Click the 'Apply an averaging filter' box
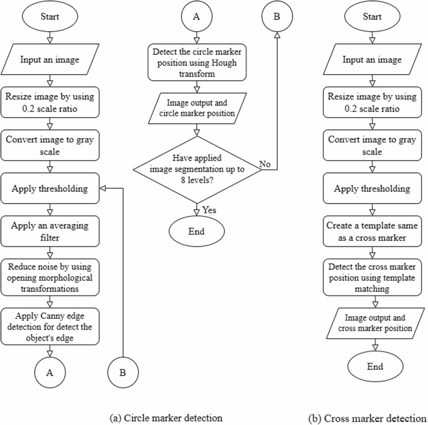pos(50,231)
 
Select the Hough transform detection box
pos(197,62)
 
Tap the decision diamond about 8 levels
pos(197,170)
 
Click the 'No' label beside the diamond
pos(265,164)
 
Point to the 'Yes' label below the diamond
pos(209,210)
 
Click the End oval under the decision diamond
pos(197,231)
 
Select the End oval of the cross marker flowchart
pos(375,366)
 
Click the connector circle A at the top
pos(197,16)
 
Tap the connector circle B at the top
pos(277,16)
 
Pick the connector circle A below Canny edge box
pos(50,372)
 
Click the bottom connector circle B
pos(123,372)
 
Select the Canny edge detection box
pos(50,326)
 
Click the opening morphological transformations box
pos(50,277)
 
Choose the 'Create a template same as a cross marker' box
pos(372,231)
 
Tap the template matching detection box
pos(372,277)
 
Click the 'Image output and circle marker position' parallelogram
pos(197,108)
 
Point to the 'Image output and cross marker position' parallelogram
pos(375,323)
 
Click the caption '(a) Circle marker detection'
pos(166,418)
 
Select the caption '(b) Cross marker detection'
pos(367,418)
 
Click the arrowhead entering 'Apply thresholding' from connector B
pos(103,188)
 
